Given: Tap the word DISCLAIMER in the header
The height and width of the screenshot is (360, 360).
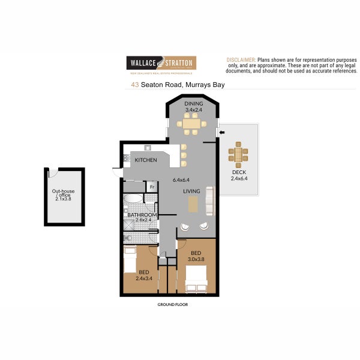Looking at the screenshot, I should click(241, 61).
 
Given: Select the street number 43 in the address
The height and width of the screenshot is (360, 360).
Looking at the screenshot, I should click(135, 85).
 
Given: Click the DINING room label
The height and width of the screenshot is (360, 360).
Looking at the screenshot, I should click(193, 104).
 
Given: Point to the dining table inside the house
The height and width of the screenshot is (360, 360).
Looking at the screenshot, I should click(191, 124).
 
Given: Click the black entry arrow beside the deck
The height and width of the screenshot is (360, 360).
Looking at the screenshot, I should click(221, 131).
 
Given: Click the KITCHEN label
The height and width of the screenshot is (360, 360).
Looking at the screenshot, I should click(146, 160).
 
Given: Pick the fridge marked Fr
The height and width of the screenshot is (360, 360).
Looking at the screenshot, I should click(152, 186).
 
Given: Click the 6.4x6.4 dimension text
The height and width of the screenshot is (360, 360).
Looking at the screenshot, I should click(181, 180).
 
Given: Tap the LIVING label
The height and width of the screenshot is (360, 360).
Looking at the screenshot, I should click(191, 191).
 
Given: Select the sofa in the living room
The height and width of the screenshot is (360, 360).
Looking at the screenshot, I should click(209, 201).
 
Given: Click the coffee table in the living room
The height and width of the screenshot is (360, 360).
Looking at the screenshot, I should click(193, 205).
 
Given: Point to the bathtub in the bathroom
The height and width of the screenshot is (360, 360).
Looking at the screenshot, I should click(133, 199).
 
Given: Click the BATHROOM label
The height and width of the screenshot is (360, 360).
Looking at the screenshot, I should click(142, 215).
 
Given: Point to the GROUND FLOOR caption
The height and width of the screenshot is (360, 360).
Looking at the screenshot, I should click(172, 305).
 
